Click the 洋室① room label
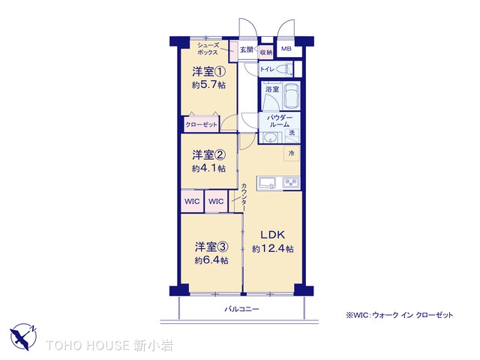[209, 72]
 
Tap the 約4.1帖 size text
[209, 168]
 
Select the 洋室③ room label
[211, 247]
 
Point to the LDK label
[272, 235]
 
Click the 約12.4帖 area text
[272, 249]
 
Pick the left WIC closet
[192, 201]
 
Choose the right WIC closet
[216, 201]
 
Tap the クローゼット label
[201, 125]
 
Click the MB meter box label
[286, 49]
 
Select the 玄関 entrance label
[247, 49]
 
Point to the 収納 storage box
[266, 52]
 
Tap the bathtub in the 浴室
[291, 95]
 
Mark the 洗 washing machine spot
[292, 133]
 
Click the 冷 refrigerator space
[291, 153]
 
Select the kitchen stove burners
[290, 183]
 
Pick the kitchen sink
[268, 183]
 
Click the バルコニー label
[241, 309]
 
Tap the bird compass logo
[23, 337]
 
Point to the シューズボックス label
[208, 49]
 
